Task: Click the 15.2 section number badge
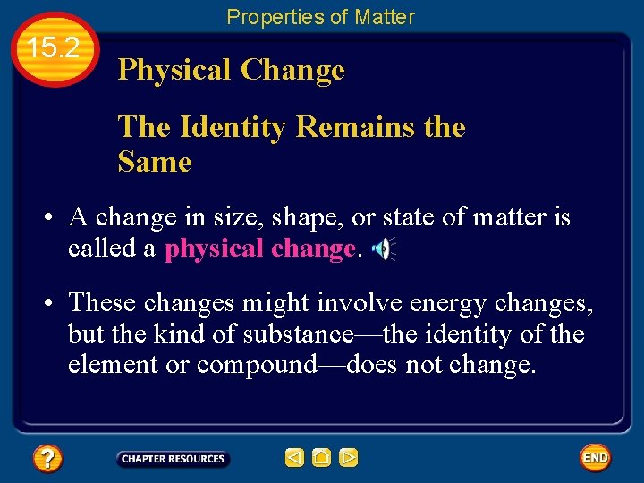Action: coord(55,49)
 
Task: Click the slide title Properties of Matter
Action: coord(320,16)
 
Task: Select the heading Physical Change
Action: coord(231,70)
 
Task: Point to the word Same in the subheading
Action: coord(154,162)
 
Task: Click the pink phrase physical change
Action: coord(260,249)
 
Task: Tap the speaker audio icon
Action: coord(382,250)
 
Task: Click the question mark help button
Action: coord(47,459)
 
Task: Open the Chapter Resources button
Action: coord(173,459)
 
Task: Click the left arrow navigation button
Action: coord(294,458)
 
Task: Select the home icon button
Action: coord(321,458)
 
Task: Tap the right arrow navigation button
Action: coord(349,458)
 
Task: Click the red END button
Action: coord(595,458)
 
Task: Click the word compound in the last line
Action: coord(258,366)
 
